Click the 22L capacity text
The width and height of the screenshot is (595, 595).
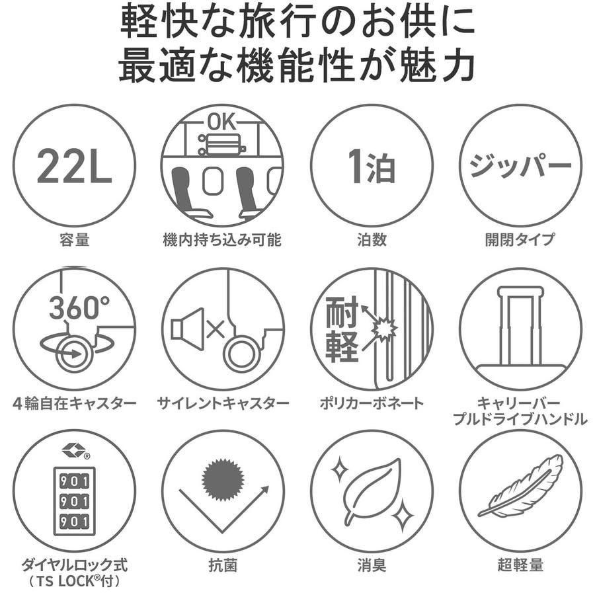[x=74, y=167]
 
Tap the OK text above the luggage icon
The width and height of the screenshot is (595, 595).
[x=222, y=122]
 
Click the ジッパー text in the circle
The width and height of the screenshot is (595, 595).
[x=520, y=166]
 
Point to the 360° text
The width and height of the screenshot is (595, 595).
[x=79, y=307]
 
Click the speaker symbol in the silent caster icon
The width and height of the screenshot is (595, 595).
[x=188, y=329]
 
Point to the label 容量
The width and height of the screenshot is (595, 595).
[x=74, y=240]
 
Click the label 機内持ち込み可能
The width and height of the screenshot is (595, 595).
[x=222, y=240]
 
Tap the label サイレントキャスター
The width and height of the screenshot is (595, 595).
[x=223, y=403]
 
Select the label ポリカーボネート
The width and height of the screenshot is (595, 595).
[x=372, y=403]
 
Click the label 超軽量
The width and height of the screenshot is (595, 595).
[x=520, y=565]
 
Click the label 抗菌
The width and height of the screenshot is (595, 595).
[x=223, y=565]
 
